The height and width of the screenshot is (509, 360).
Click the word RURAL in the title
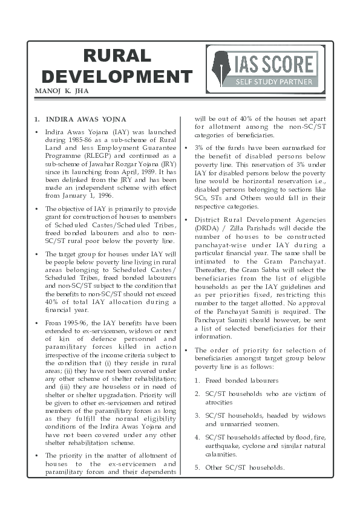click(117, 56)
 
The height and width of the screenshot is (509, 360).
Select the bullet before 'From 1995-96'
click(38, 322)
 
